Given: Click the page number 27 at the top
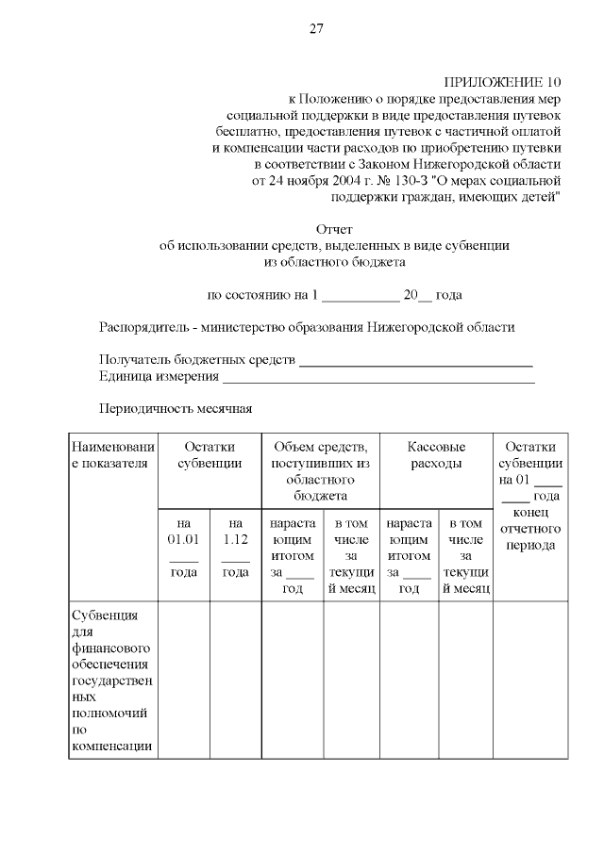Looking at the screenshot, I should pyautogui.click(x=316, y=28).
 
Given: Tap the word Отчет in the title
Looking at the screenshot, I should pyautogui.click(x=334, y=228).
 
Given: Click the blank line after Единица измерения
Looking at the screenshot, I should pyautogui.click(x=377, y=379).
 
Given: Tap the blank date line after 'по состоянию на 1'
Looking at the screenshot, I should pyautogui.click(x=360, y=296).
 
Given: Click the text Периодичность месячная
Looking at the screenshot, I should pyautogui.click(x=175, y=409).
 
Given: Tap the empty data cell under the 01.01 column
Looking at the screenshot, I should pyautogui.click(x=183, y=679).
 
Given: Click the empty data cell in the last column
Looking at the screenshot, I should pyautogui.click(x=530, y=679).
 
